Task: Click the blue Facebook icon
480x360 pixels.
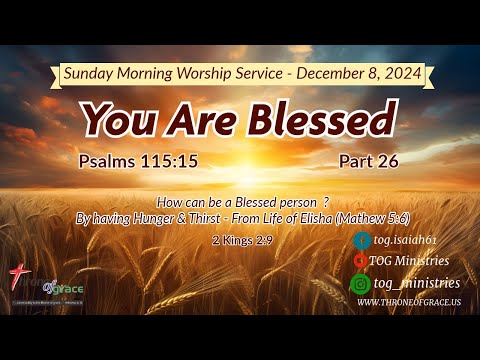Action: point(361,240)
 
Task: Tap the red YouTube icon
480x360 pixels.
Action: point(361,260)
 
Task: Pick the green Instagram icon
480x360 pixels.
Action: point(361,283)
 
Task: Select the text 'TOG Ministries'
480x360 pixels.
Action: point(409,261)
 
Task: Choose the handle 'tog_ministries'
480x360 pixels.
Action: point(414,283)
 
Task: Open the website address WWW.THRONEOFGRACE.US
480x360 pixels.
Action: point(408,302)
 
